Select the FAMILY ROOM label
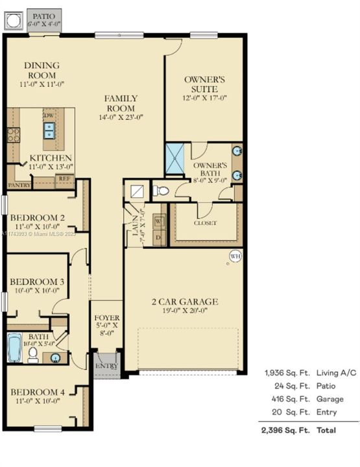(121, 104)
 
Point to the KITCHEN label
(51, 158)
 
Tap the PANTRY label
(18, 185)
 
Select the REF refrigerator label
(64, 178)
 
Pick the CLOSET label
(205, 222)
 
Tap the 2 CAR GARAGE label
(185, 302)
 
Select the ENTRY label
(105, 366)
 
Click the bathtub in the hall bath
(14, 348)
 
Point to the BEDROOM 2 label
(37, 217)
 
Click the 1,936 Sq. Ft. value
(287, 373)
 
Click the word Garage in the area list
(330, 399)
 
